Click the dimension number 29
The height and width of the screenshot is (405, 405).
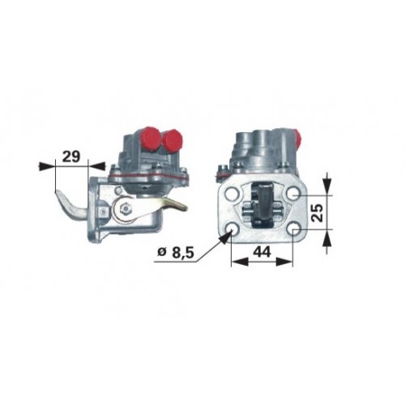[x=71, y=156]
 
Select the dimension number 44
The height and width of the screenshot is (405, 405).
[x=261, y=252]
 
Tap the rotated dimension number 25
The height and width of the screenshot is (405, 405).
[x=318, y=212]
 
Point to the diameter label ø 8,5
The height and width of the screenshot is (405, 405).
[x=176, y=254]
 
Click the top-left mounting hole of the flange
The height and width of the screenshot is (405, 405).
[x=231, y=194]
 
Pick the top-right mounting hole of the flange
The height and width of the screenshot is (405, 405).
[x=293, y=194]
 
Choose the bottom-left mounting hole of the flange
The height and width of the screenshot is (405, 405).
[x=232, y=230]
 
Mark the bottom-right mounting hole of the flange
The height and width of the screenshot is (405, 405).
[x=293, y=230]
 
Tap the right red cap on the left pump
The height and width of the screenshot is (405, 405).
[x=173, y=141]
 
